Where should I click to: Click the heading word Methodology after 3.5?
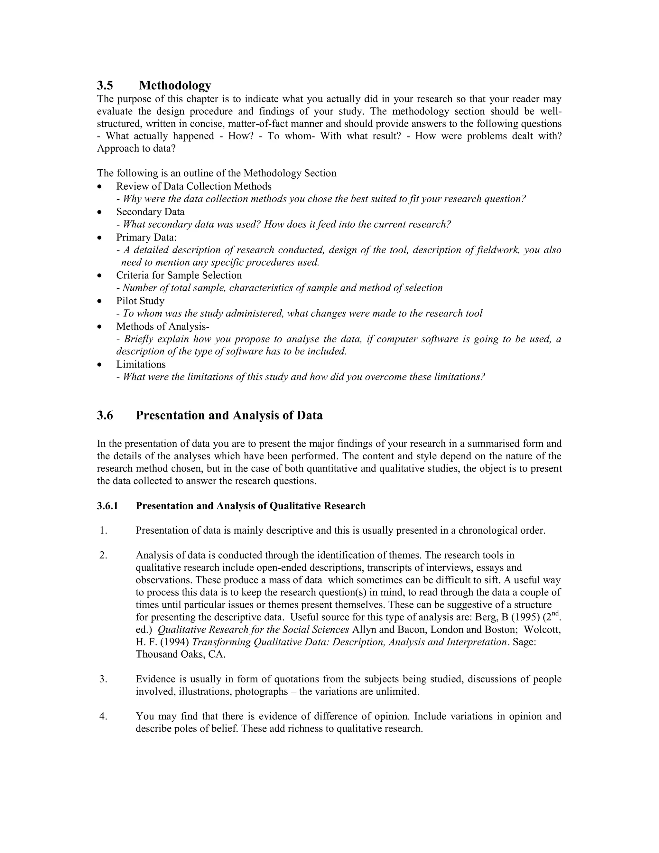(x=175, y=85)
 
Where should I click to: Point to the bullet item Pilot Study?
(x=140, y=301)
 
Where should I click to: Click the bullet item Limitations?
(x=141, y=364)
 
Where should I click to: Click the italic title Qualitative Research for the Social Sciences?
(x=253, y=630)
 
